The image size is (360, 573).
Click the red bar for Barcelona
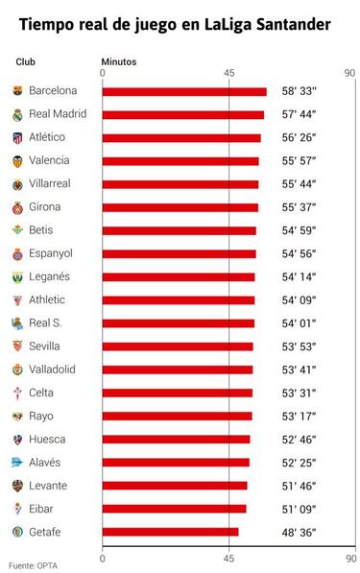[183, 91]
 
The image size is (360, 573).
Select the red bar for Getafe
[170, 532]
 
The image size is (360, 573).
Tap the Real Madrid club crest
[16, 114]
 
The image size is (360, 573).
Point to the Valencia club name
[49, 160]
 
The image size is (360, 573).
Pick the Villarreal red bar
[180, 184]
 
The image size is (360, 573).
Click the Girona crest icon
[16, 207]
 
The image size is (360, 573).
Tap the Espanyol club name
[51, 253]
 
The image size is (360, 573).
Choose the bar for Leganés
[179, 276]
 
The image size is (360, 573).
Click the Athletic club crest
[16, 299]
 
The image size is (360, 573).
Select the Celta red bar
[177, 393]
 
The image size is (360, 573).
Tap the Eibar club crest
[16, 509]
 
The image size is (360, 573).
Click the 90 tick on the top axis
[348, 74]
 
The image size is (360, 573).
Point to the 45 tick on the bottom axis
[228, 557]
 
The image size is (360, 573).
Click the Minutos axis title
[119, 61]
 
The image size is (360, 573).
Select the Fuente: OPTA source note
[33, 565]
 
